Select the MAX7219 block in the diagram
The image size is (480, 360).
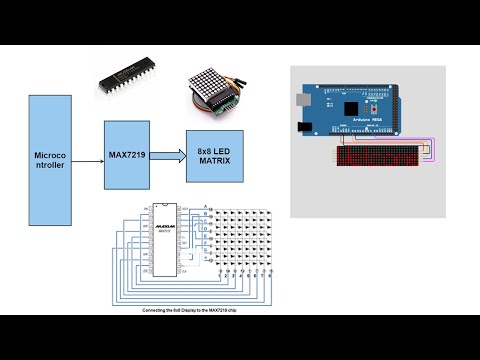click(x=127, y=155)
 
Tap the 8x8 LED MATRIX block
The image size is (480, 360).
click(x=212, y=155)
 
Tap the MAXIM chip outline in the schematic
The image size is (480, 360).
click(x=167, y=240)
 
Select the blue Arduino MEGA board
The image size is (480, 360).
click(x=360, y=113)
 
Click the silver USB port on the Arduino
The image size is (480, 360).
click(x=302, y=101)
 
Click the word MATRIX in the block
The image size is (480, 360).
click(x=213, y=160)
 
